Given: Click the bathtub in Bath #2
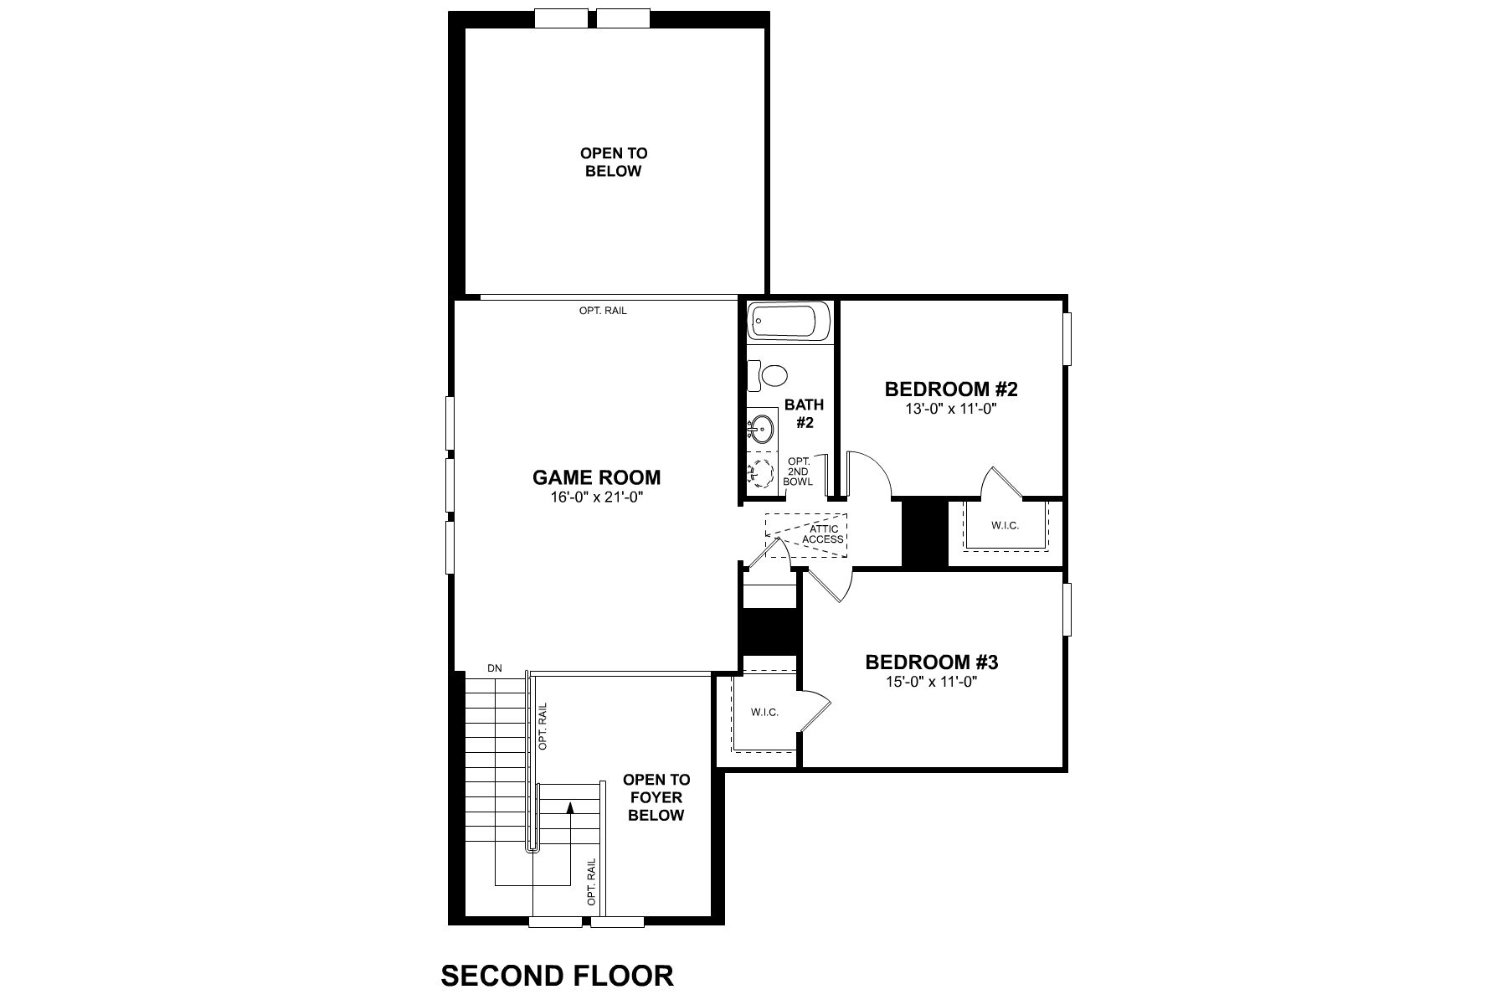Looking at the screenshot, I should click(x=790, y=321).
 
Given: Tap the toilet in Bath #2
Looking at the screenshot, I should click(x=772, y=375).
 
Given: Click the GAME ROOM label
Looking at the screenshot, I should click(x=596, y=477).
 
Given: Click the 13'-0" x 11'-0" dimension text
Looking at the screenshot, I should click(x=950, y=409).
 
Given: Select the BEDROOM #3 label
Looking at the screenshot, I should click(x=931, y=662).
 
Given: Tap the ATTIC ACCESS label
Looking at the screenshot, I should click(x=822, y=534).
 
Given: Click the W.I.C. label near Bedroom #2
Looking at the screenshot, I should click(x=1005, y=526).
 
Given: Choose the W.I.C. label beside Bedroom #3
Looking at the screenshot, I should click(x=764, y=712).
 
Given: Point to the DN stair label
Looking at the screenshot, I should click(x=494, y=667).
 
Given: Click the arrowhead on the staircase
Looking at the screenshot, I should click(x=569, y=807).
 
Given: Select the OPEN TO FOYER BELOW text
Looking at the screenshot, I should click(x=656, y=797).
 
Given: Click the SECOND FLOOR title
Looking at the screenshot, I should click(x=557, y=976).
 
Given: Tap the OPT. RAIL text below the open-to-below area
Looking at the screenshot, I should click(x=602, y=311).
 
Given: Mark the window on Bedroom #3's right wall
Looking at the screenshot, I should click(x=1067, y=609).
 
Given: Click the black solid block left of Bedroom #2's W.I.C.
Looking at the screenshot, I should click(x=923, y=533).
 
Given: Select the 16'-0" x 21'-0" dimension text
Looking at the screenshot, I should click(x=596, y=497).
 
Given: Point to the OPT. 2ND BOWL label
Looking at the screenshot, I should click(x=799, y=472).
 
